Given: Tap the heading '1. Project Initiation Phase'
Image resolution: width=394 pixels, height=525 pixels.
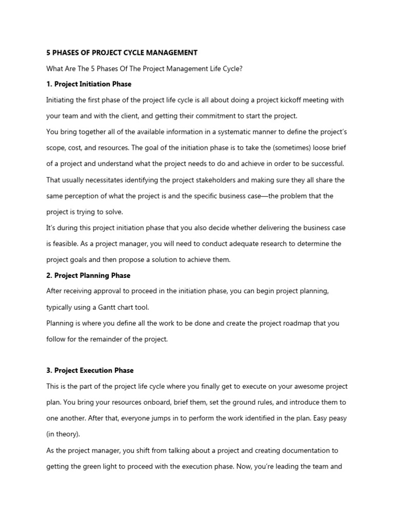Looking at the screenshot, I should pyautogui.click(x=89, y=84).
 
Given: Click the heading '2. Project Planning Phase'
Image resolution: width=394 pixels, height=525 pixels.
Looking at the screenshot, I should pyautogui.click(x=88, y=275).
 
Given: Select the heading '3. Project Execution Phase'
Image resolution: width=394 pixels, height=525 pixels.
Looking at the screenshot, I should pyautogui.click(x=90, y=370).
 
